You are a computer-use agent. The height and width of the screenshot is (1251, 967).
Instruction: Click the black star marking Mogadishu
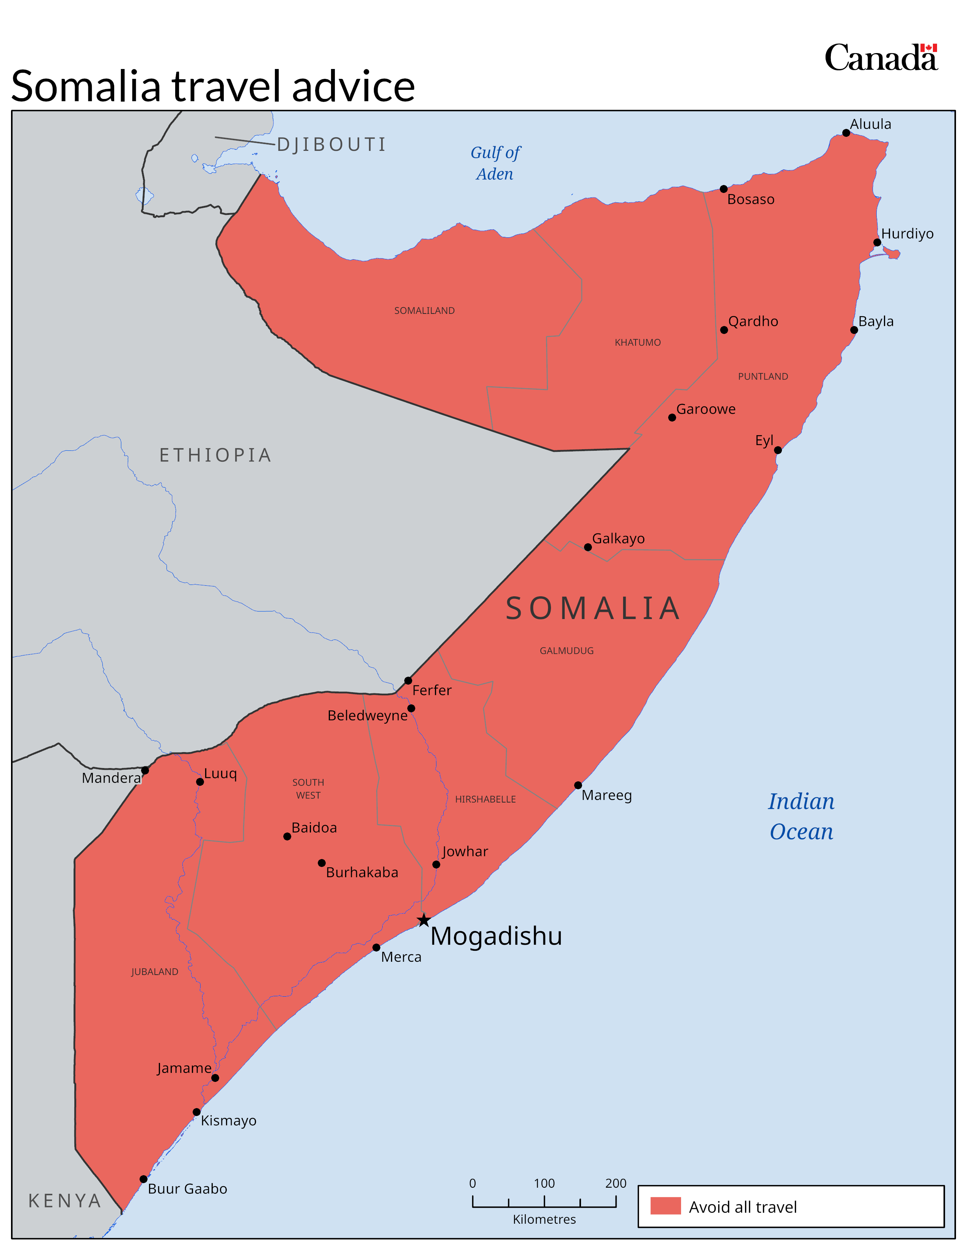point(423,920)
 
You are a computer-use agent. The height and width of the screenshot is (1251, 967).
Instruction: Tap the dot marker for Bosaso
point(724,189)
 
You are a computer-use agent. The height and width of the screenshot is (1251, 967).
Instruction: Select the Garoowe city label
point(705,409)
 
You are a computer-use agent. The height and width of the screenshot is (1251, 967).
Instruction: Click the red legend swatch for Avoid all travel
point(665,1206)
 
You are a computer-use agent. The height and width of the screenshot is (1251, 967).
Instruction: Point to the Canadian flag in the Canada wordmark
point(929,48)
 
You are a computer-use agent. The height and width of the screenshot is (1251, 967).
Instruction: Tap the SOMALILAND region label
point(424,310)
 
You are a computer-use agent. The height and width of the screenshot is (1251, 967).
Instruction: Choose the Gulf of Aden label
point(495,163)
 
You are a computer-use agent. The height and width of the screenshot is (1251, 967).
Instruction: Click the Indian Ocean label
point(801,816)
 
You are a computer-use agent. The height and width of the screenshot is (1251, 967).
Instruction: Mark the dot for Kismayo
point(196,1112)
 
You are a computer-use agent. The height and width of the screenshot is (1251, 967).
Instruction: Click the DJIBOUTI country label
point(332,144)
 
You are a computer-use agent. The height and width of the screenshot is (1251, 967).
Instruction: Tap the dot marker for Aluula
point(846,133)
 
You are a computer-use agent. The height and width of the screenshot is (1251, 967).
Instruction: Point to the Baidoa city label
point(314,828)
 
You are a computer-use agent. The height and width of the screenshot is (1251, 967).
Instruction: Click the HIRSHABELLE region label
point(485,799)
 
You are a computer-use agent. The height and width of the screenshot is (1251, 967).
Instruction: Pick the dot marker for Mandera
point(145,770)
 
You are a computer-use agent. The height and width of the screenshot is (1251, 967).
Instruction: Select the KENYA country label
point(65,1201)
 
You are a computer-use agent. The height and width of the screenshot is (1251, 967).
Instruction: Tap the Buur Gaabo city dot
point(143,1179)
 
